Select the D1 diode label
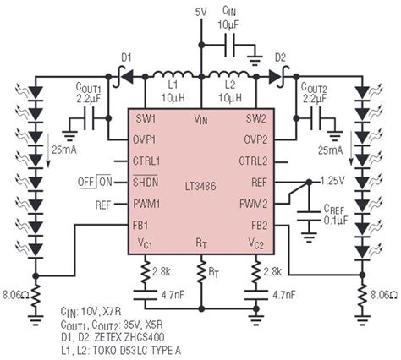pyautogui.click(x=126, y=57)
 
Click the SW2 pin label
pyautogui.click(x=257, y=117)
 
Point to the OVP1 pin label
pyautogui.click(x=148, y=138)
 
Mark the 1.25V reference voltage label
pyautogui.click(x=332, y=181)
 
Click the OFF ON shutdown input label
pyautogui.click(x=96, y=182)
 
